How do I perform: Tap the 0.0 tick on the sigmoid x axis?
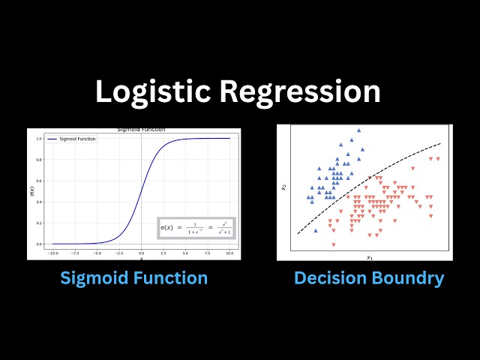pyautogui.click(x=141, y=254)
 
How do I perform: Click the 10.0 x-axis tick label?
pyautogui.click(x=229, y=254)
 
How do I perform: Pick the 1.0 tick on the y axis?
pyautogui.click(x=39, y=138)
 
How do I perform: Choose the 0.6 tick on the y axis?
pyautogui.click(x=39, y=180)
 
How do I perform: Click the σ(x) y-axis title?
pyautogui.click(x=31, y=191)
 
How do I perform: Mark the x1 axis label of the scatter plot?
pyautogui.click(x=369, y=257)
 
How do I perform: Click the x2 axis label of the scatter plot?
pyautogui.click(x=283, y=187)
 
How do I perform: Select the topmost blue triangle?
pyautogui.click(x=358, y=130)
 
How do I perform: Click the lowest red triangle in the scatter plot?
pyautogui.click(x=334, y=244)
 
